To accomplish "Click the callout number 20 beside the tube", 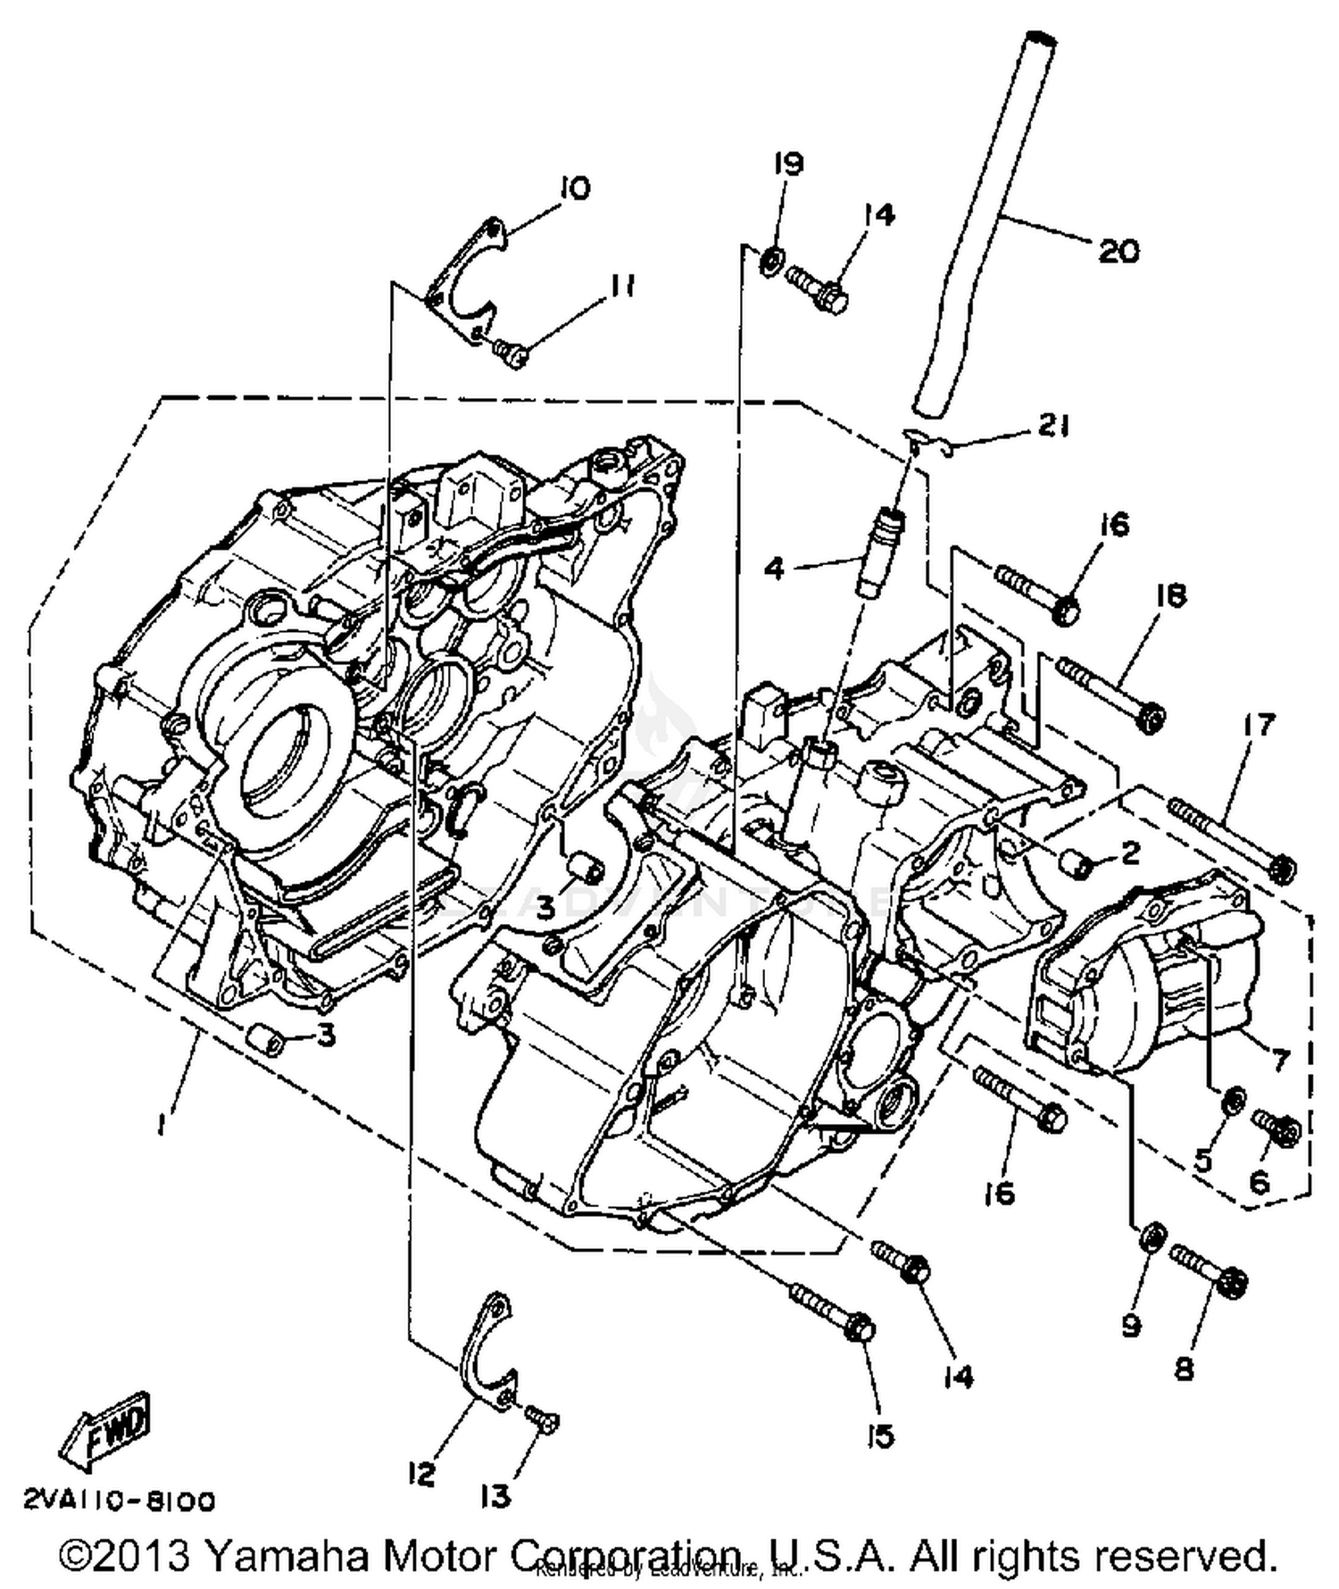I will (1118, 251).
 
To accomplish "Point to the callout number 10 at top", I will (576, 188).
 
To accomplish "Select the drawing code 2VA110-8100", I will (119, 1501).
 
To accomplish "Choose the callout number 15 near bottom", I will (880, 1436).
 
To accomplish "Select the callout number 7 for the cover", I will (1280, 1060).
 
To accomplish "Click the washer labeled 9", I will (1152, 1236).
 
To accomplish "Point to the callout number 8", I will (1185, 1368).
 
